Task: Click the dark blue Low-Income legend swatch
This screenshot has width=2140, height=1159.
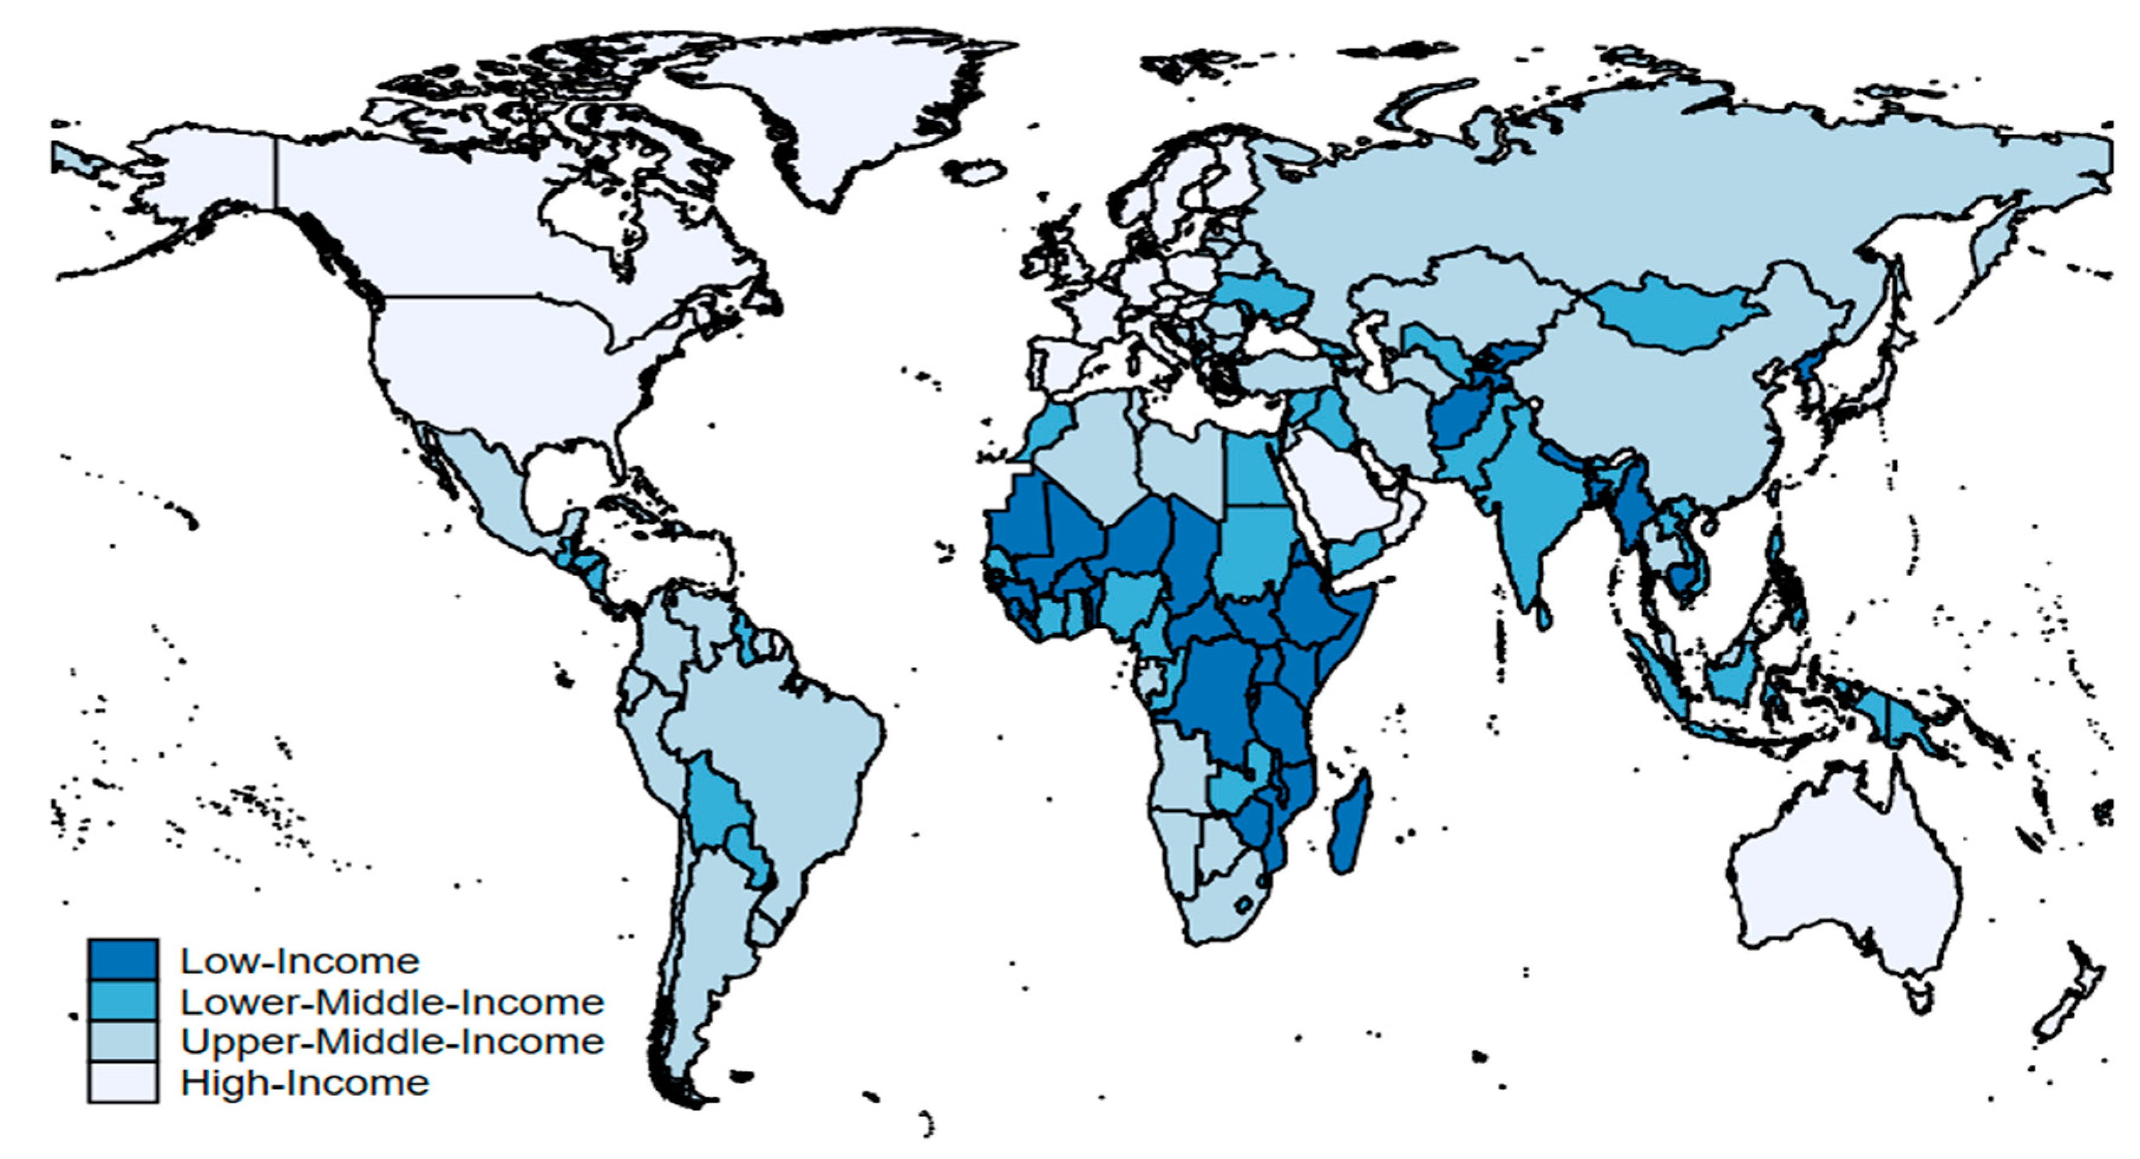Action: click(123, 960)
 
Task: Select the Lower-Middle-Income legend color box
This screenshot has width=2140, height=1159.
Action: click(123, 1001)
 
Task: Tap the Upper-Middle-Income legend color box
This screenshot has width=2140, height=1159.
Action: click(123, 1042)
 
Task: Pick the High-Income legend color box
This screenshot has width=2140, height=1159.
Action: click(123, 1082)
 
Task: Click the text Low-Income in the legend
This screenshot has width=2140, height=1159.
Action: click(300, 961)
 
